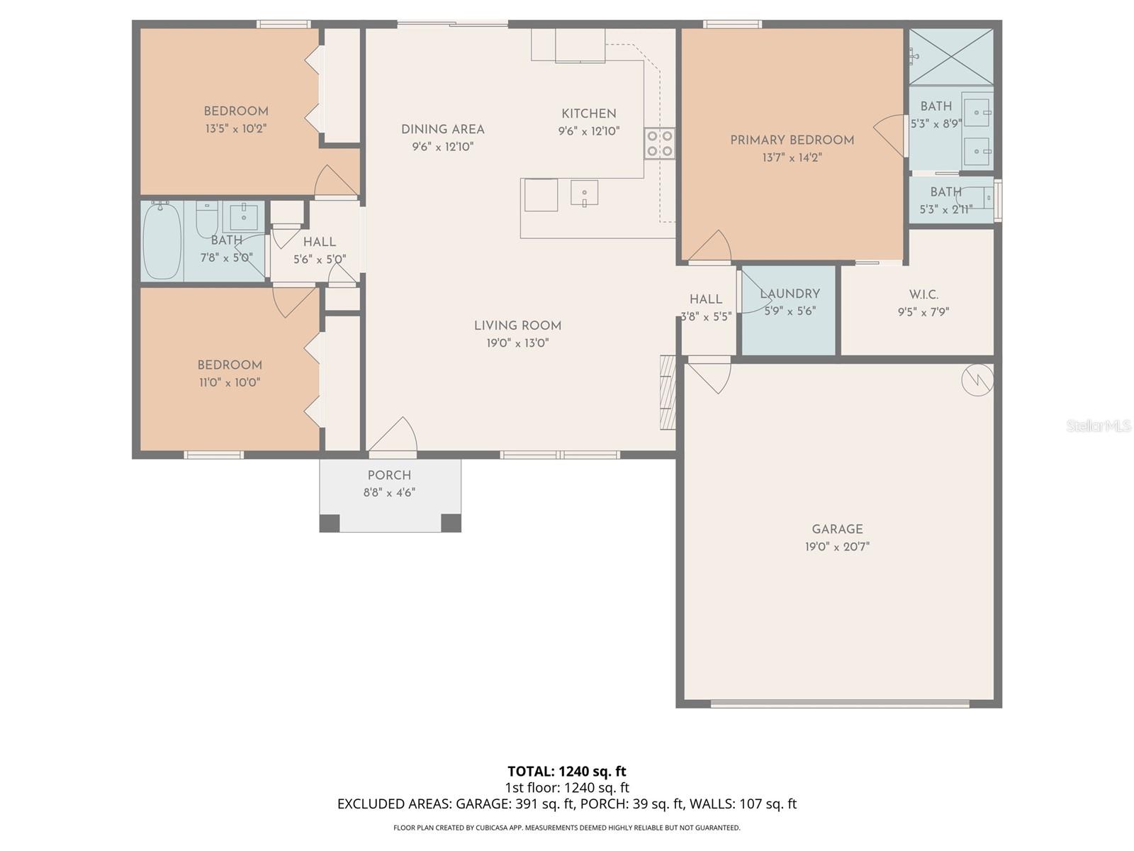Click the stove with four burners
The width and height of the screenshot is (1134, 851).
pyautogui.click(x=659, y=143)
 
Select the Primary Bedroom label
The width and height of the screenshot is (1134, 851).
pyautogui.click(x=792, y=140)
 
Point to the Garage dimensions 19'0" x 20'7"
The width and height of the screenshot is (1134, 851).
pyautogui.click(x=836, y=547)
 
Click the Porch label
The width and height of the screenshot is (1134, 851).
pyautogui.click(x=389, y=475)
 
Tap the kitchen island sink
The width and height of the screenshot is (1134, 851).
pyautogui.click(x=584, y=193)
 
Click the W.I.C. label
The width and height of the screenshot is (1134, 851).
pyautogui.click(x=924, y=294)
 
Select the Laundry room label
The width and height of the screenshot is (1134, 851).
pyautogui.click(x=790, y=294)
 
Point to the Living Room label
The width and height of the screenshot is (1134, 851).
pyautogui.click(x=517, y=326)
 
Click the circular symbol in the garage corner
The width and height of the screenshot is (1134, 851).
pyautogui.click(x=977, y=380)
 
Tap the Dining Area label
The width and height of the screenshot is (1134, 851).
pyautogui.click(x=443, y=129)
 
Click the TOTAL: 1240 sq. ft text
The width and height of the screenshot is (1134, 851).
pyautogui.click(x=566, y=771)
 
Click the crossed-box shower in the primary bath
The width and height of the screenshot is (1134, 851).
pyautogui.click(x=951, y=56)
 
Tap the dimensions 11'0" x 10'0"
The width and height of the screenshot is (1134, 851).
pyautogui.click(x=230, y=382)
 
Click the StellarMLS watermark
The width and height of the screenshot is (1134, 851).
pyautogui.click(x=1098, y=425)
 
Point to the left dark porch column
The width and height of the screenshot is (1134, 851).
pyautogui.click(x=330, y=523)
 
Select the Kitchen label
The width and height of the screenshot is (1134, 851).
pyautogui.click(x=588, y=113)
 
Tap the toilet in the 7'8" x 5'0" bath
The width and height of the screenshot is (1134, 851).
pyautogui.click(x=206, y=218)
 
